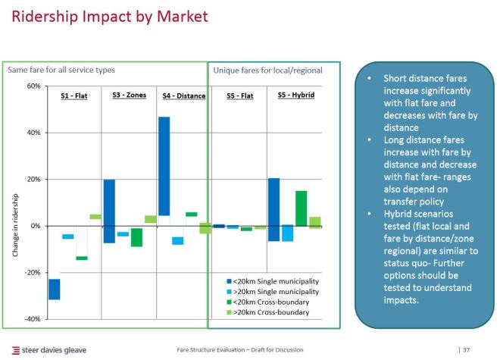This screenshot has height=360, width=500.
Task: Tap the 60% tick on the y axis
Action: pyautogui.click(x=33, y=86)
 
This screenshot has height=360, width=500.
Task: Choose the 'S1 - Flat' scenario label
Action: pyautogui.click(x=74, y=96)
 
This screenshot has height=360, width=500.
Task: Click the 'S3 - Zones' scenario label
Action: pyautogui.click(x=129, y=95)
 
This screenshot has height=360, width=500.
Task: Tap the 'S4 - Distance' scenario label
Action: pyautogui.click(x=183, y=96)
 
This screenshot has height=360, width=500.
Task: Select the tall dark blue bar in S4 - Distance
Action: pyautogui.click(x=164, y=166)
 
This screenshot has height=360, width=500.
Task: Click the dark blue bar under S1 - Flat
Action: pyautogui.click(x=55, y=289)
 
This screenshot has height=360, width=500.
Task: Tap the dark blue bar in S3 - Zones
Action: pyautogui.click(x=109, y=211)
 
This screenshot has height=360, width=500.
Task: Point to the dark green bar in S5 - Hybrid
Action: pyautogui.click(x=301, y=208)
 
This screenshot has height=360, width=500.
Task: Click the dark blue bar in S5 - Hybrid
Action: pyautogui.click(x=273, y=209)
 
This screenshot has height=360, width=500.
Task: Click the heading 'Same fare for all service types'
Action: pyautogui.click(x=61, y=70)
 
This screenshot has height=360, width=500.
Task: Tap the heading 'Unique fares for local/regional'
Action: pyautogui.click(x=267, y=70)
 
